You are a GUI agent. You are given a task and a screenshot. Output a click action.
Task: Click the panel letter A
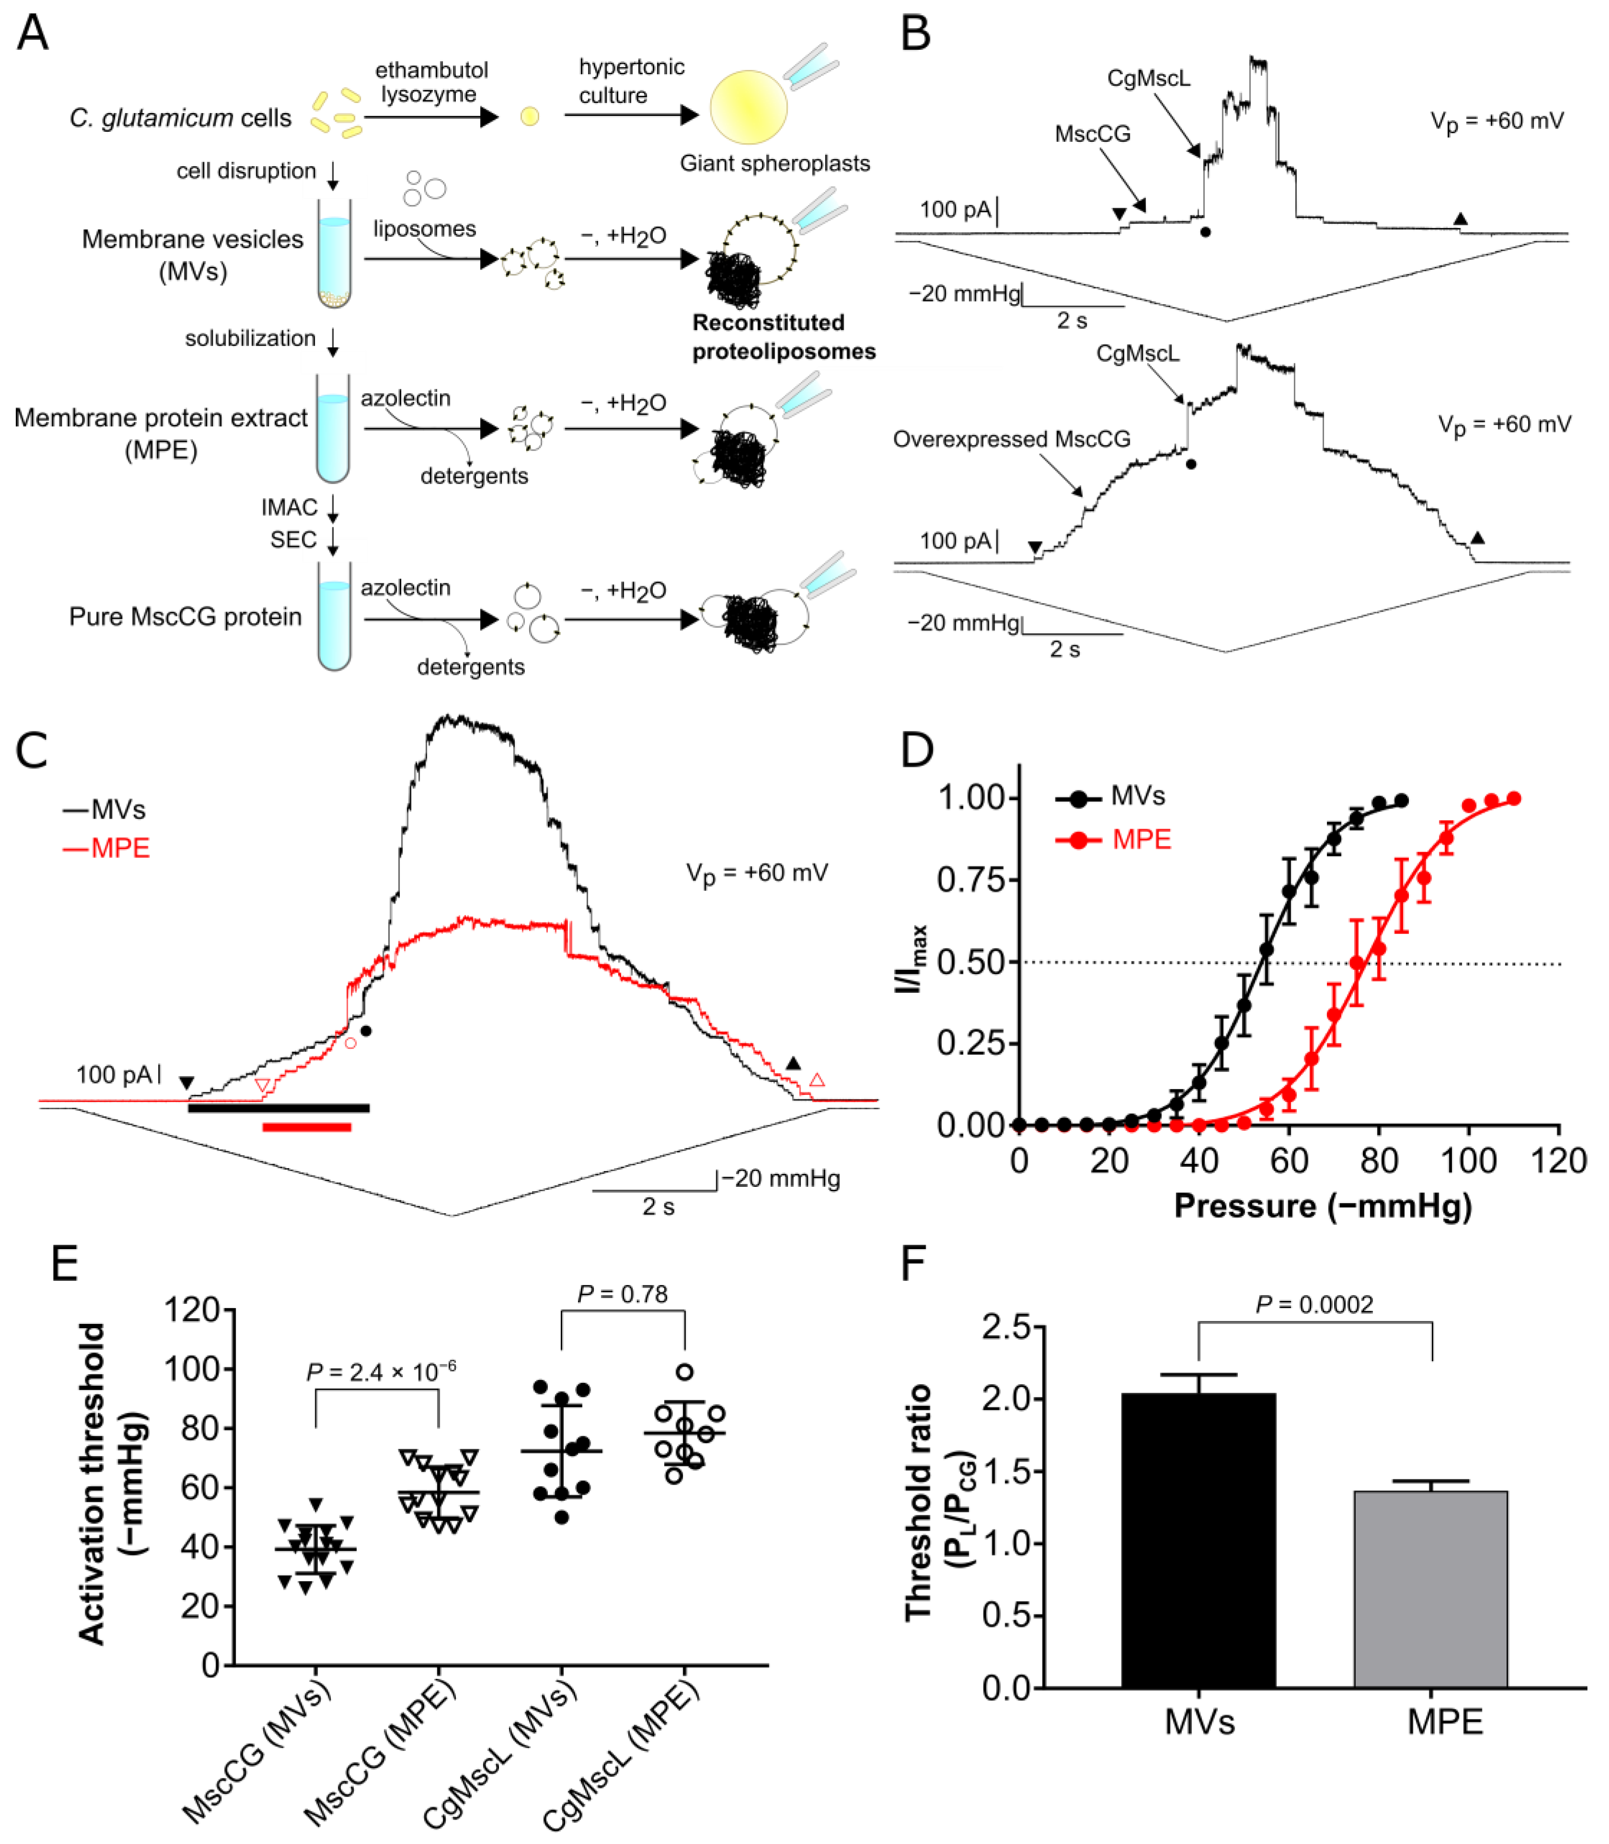point(33,34)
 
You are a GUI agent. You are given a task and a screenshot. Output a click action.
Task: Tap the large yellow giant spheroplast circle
point(748,106)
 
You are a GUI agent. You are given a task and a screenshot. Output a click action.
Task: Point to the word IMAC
point(289,508)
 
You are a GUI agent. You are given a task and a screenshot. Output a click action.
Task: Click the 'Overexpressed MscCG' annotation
point(1011,439)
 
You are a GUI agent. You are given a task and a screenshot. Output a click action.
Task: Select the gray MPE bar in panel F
point(1430,1588)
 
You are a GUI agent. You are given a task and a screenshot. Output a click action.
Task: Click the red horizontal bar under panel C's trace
point(306,1127)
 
